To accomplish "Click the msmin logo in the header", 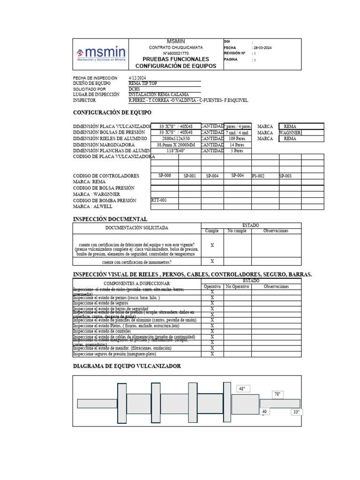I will [x=101, y=54].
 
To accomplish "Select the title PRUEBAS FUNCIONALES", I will [x=176, y=60].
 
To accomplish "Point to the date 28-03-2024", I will [x=262, y=48].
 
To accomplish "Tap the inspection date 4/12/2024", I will [x=137, y=78].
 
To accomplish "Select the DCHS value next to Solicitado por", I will [x=134, y=89].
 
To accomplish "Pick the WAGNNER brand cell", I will [x=291, y=133].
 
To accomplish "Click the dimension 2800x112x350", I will [x=175, y=139].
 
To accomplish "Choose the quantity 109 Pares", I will [x=238, y=139].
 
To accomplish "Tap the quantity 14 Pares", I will [x=238, y=145].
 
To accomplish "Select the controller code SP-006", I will [x=165, y=175].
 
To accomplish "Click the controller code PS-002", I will [x=258, y=176].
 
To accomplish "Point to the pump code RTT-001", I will [x=159, y=200].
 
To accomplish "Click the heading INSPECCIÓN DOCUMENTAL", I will [x=110, y=219].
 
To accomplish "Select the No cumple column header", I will [x=237, y=231].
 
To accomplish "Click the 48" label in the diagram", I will [x=242, y=389].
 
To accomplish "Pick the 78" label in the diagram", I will [x=277, y=395].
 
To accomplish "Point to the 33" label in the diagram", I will [x=296, y=412].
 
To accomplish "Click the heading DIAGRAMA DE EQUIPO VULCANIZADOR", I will [x=127, y=366].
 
